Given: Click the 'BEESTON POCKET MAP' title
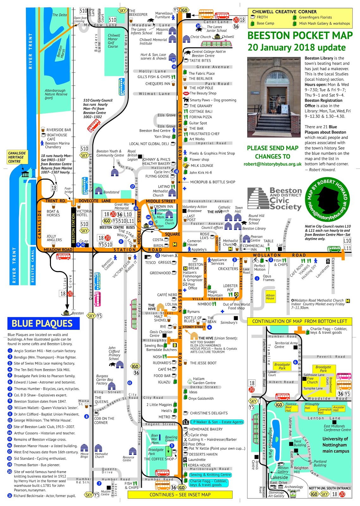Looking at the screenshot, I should tap(300, 35).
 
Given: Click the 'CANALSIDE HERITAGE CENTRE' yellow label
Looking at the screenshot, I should tap(17, 157).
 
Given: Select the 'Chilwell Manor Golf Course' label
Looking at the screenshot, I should tap(114, 41).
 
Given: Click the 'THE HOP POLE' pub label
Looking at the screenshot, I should tap(201, 88).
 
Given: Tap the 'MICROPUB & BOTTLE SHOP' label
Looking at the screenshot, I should tap(213, 182).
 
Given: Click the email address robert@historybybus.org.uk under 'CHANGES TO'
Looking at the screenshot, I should tap(272, 164).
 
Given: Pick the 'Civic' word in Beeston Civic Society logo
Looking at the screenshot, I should tap(280, 200).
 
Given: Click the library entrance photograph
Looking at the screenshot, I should tap(274, 97).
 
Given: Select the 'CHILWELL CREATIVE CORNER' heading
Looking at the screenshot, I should tap(284, 12).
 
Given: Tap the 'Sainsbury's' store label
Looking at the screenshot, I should tap(229, 323).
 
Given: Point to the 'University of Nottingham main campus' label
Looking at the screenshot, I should tap(335, 445).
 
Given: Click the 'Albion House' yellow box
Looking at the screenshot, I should tap(270, 297).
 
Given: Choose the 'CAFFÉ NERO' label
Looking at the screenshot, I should tap(167, 295).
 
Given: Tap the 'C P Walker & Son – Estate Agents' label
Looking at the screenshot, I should tap(217, 422).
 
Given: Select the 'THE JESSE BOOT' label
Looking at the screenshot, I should tap(203, 363).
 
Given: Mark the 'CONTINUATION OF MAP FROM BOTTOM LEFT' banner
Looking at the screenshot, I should tap(300, 321).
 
